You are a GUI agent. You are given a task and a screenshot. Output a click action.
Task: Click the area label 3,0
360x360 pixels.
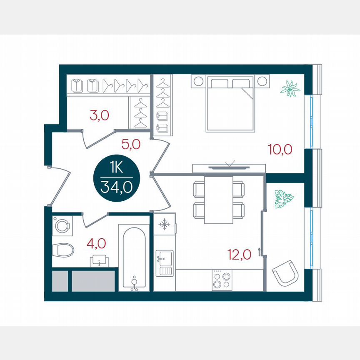point(99,115)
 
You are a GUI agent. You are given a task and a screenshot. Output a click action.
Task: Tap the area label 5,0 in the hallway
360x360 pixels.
point(130,145)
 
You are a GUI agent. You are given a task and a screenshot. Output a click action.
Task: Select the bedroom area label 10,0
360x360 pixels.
point(280,149)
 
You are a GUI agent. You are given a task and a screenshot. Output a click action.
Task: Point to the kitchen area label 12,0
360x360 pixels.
point(239,253)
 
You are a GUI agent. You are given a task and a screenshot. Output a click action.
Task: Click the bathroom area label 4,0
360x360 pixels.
point(96,242)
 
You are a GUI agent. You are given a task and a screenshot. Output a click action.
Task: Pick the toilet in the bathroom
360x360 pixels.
point(63,250)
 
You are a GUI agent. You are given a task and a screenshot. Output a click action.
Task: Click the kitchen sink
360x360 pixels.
point(165,263)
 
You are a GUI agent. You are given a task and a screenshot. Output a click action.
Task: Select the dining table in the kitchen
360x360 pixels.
point(218,200)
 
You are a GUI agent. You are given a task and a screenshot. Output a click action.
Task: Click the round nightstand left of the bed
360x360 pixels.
point(198,81)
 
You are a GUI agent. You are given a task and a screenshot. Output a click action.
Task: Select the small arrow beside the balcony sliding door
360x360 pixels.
point(259,251)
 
